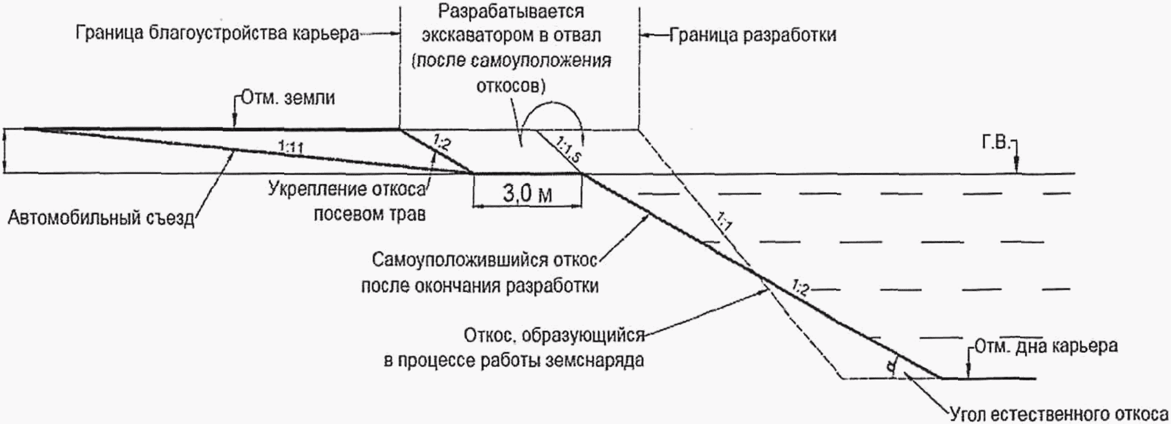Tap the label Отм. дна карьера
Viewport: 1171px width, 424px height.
(x=1046, y=347)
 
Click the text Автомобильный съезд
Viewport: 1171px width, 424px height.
(x=100, y=217)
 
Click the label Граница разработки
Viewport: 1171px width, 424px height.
(x=753, y=35)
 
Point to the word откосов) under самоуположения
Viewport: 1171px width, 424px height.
(x=510, y=85)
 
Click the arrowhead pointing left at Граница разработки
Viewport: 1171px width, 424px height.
(x=644, y=35)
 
